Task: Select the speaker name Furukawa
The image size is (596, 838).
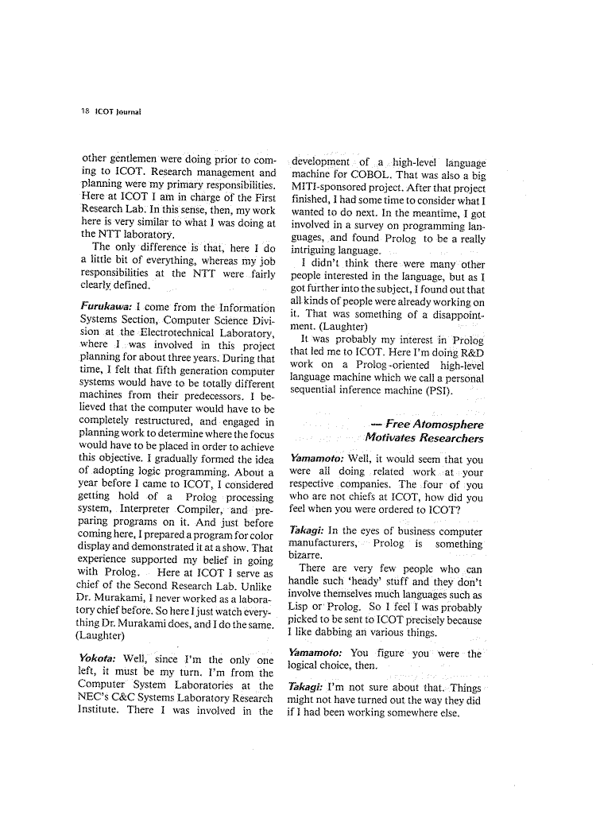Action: pyautogui.click(x=107, y=307)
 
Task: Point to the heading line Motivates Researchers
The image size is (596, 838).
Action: pyautogui.click(x=424, y=438)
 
